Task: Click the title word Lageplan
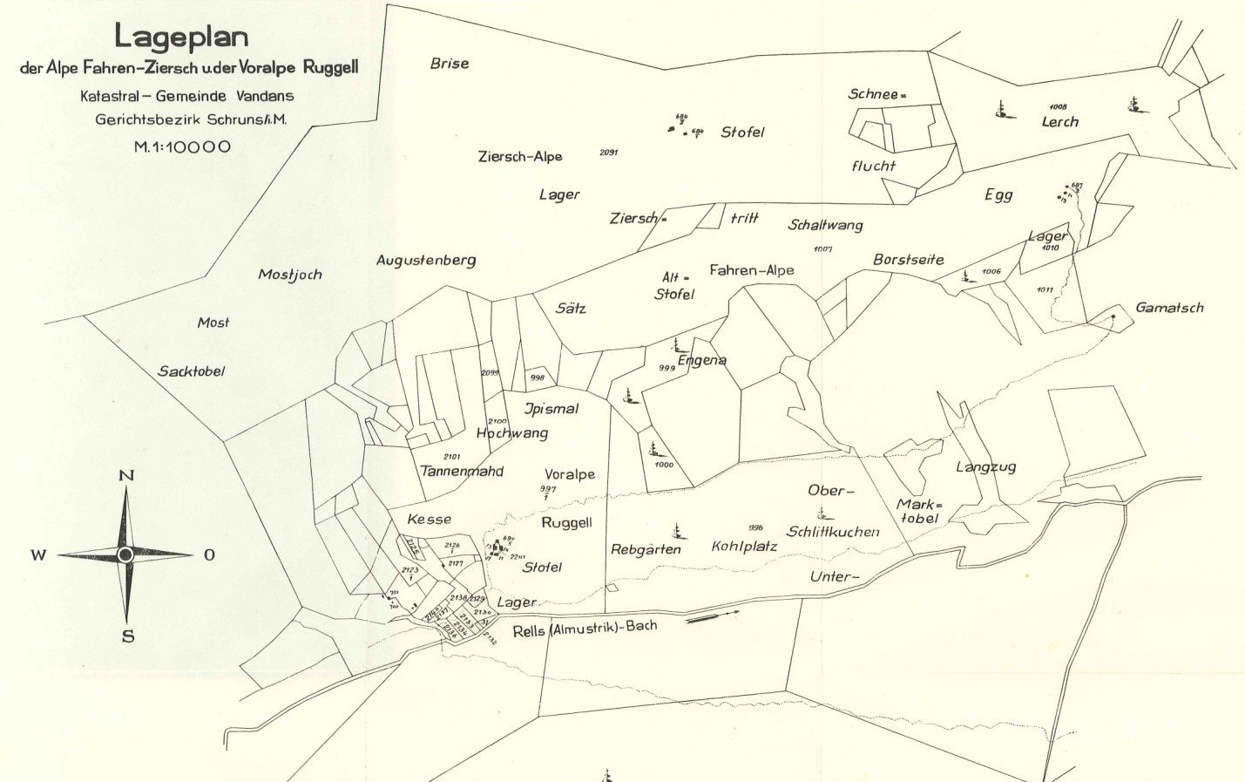181,37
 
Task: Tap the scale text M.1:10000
182,146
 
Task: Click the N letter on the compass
126,475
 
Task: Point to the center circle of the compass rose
125,554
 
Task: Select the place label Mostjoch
290,275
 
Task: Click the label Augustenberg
426,260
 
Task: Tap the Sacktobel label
191,371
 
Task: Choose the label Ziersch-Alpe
520,157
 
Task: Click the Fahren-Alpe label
751,270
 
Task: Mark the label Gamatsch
1169,308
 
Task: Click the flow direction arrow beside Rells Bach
713,616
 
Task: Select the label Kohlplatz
743,547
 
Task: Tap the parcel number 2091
609,153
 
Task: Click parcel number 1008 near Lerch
1058,107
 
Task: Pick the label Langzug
985,467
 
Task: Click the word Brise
450,64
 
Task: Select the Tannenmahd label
462,472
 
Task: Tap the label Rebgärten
646,549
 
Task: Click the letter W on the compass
39,555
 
